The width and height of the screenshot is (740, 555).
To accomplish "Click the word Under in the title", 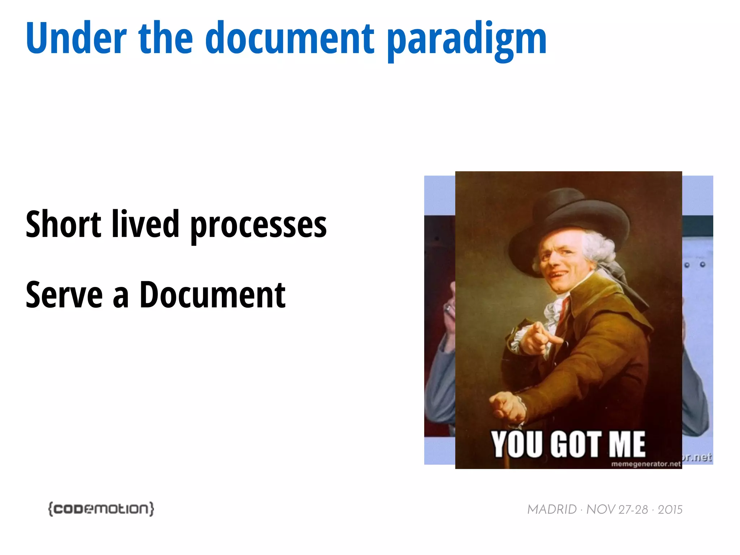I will click(76, 38).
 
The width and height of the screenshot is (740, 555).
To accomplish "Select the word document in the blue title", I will click(289, 38).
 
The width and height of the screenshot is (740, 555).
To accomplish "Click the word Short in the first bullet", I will click(63, 225).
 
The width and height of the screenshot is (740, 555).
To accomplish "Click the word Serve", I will click(64, 295).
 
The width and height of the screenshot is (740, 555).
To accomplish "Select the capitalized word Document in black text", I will click(212, 295).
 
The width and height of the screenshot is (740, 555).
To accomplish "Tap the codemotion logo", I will click(101, 509).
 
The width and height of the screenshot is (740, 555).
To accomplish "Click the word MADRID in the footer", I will click(552, 509).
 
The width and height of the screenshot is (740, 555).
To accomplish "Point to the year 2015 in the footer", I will click(670, 509).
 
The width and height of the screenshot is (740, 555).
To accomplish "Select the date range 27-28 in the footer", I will click(633, 509).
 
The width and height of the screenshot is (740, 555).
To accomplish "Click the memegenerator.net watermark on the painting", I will click(646, 464).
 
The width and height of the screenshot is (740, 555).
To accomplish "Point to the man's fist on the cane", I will click(506, 406).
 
